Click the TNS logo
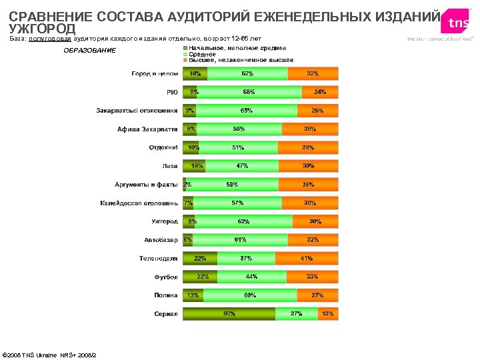click(x=459, y=23)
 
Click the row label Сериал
click(x=166, y=313)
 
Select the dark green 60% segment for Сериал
click(x=229, y=313)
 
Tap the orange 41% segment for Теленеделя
click(x=306, y=258)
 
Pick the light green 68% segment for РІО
click(x=248, y=92)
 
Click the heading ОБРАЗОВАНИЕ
click(x=89, y=51)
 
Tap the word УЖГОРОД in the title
click(x=42, y=29)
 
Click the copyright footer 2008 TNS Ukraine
click(x=49, y=355)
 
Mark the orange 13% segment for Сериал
click(x=327, y=313)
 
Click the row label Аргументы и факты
click(x=147, y=184)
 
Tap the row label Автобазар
click(x=161, y=240)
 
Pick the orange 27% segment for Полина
click(x=317, y=295)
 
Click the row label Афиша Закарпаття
click(x=147, y=129)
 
